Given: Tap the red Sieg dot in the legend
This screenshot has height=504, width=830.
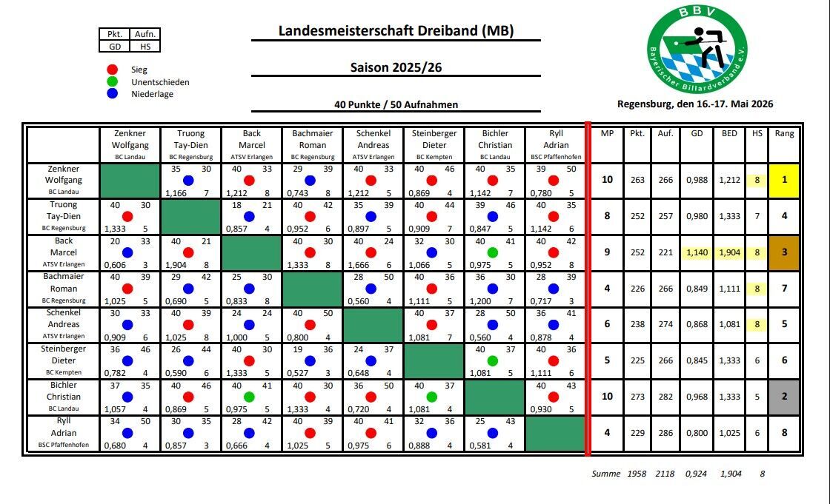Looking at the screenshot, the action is [x=112, y=70].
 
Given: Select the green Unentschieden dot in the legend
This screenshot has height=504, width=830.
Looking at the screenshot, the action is [x=112, y=81].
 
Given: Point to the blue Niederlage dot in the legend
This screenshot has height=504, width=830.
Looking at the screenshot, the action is [x=112, y=93].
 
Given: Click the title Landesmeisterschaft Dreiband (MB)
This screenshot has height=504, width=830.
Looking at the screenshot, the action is [x=396, y=30].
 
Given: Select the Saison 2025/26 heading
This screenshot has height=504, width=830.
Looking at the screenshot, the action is [x=396, y=67].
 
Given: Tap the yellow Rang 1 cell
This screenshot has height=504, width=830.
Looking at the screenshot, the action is [x=784, y=180].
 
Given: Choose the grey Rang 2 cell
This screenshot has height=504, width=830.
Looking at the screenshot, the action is [x=784, y=397].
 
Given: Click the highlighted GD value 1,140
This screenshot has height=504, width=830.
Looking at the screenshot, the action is [x=697, y=252].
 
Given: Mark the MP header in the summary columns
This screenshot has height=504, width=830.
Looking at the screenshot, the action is [x=607, y=133].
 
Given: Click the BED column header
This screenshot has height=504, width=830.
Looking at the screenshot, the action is [x=729, y=133].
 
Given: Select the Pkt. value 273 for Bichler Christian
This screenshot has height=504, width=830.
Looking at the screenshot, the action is [x=637, y=397].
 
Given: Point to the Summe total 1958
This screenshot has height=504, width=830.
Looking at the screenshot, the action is [x=637, y=474].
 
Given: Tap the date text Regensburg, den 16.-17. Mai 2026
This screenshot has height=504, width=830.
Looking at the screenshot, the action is [x=695, y=104].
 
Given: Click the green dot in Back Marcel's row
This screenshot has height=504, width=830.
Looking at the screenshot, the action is [x=492, y=253].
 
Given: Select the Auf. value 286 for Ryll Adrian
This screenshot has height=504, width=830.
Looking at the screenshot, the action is [x=665, y=433].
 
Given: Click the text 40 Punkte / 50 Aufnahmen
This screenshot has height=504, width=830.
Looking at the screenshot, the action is [x=396, y=104].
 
